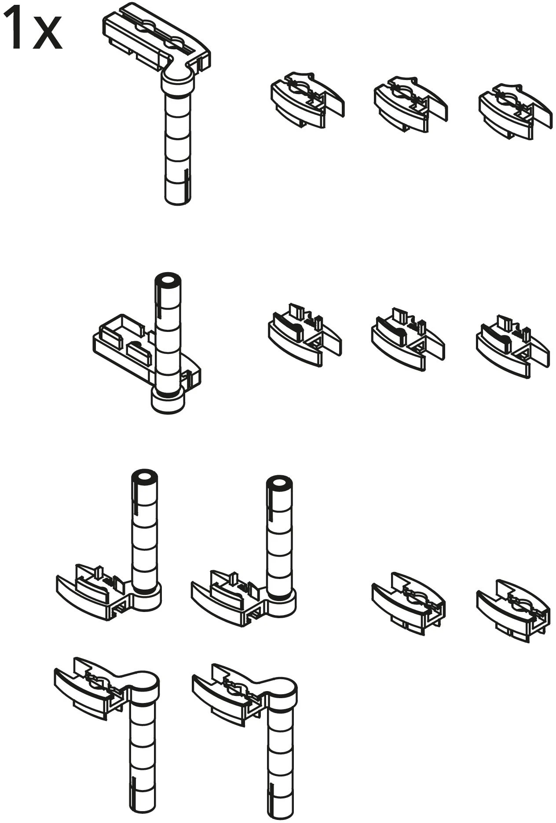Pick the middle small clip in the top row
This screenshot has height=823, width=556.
[x=410, y=104]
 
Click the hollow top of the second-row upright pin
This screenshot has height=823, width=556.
[x=168, y=281]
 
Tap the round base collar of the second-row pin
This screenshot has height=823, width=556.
[x=167, y=401]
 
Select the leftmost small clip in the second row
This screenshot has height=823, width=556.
[x=304, y=335]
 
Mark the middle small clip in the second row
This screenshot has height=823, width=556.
[x=408, y=339]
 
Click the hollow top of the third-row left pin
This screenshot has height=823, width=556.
[x=144, y=478]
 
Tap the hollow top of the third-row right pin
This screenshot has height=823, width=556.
[x=279, y=483]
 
